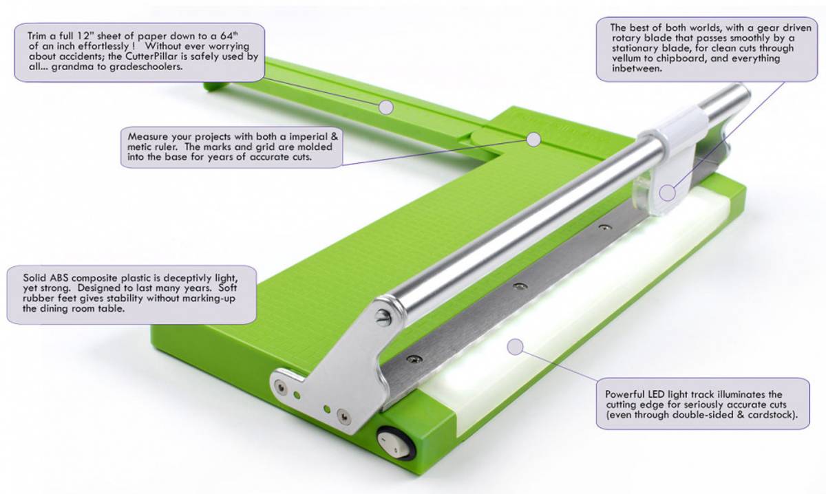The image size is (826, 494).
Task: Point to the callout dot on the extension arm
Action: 386,107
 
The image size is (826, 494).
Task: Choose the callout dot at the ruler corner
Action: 533,139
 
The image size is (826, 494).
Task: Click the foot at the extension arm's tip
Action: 210,86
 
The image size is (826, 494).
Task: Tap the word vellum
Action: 611,59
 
